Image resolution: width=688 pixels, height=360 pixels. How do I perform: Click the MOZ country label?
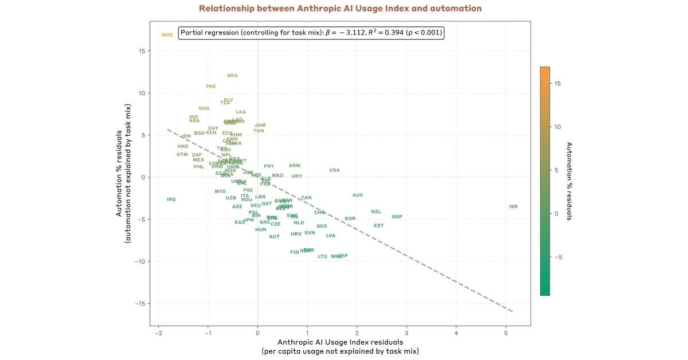click(x=167, y=35)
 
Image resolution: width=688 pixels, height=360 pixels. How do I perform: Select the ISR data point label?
click(x=513, y=206)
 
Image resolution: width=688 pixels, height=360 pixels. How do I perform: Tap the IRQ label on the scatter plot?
click(x=171, y=199)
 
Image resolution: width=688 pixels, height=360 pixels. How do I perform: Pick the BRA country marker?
click(x=232, y=76)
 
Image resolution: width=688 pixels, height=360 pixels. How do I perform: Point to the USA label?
click(x=334, y=170)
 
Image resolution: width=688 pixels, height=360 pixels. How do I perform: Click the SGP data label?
click(x=397, y=217)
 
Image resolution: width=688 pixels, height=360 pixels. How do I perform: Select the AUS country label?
click(x=357, y=195)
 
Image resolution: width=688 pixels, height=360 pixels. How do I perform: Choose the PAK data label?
click(x=211, y=87)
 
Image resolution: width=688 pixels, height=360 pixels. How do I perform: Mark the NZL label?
click(x=376, y=212)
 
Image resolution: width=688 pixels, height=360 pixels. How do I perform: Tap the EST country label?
click(x=378, y=225)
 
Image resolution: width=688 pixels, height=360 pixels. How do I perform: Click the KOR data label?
click(x=350, y=218)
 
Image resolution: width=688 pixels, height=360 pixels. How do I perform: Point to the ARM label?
click(x=295, y=166)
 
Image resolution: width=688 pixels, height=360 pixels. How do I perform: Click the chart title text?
click(x=340, y=9)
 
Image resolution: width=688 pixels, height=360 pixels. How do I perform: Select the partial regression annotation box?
click(x=311, y=33)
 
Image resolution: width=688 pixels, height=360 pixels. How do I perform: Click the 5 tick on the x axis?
click(x=506, y=333)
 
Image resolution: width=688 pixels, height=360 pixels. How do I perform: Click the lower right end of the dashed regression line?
click(x=512, y=311)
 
